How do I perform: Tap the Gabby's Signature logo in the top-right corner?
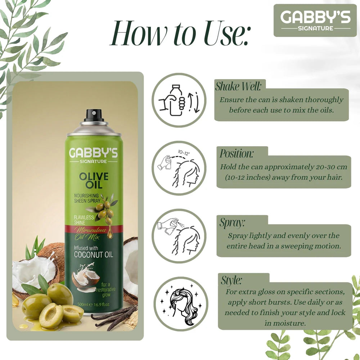(x=315, y=20)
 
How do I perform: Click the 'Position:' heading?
(x=237, y=154)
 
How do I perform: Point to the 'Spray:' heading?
(x=232, y=222)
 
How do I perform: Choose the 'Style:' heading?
(x=231, y=280)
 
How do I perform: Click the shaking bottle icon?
(x=179, y=100)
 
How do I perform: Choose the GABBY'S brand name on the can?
(x=93, y=153)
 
